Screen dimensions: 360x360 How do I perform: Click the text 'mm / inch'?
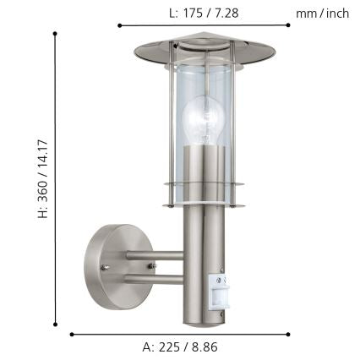(x=323, y=13)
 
